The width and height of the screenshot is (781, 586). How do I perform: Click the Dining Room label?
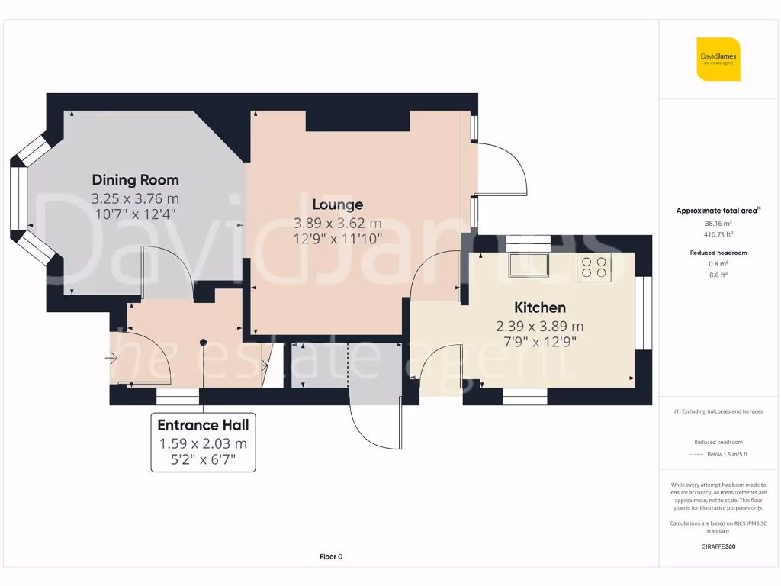click(135, 180)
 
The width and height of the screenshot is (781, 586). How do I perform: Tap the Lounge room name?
click(337, 204)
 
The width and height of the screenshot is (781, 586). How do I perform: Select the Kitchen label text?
click(540, 307)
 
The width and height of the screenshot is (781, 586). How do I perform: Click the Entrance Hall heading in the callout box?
click(203, 425)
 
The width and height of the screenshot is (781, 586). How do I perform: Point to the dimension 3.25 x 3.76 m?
click(135, 198)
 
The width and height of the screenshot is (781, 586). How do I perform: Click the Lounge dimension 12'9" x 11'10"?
click(337, 239)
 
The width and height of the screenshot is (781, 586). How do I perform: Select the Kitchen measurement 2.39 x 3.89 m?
click(540, 326)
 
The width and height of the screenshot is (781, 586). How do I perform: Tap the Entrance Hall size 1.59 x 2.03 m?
click(203, 443)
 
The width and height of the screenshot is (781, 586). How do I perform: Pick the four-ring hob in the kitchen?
click(594, 266)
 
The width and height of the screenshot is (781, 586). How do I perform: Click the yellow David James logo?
click(718, 59)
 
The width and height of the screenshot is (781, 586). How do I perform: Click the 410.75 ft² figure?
click(718, 235)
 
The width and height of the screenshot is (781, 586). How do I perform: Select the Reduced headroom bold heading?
click(718, 253)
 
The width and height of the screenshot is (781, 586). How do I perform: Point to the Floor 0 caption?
click(330, 557)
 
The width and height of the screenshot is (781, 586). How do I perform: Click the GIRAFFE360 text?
click(718, 546)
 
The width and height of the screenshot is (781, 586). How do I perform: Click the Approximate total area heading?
click(718, 211)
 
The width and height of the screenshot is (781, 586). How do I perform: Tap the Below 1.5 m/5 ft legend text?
click(728, 455)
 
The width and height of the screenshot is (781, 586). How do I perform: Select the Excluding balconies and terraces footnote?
click(718, 411)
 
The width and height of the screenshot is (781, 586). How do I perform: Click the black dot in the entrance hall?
click(203, 343)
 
